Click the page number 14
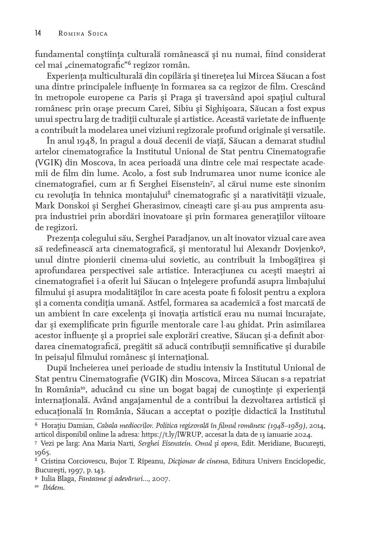pos(38,33)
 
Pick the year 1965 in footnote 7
pos(42,453)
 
